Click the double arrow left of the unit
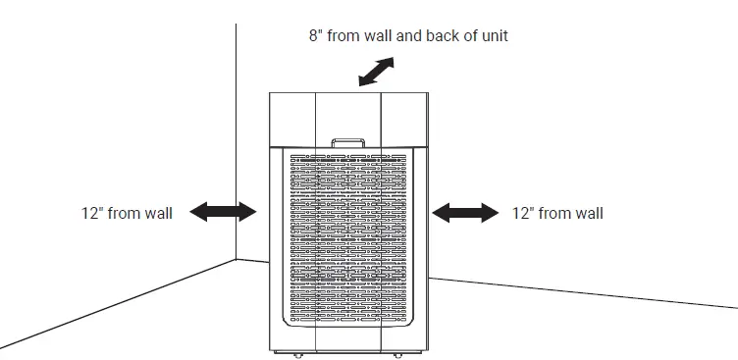[x=222, y=211]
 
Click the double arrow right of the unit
[x=465, y=212]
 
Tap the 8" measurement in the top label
[x=315, y=36]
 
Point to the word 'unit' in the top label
[x=492, y=36]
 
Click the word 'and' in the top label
[x=406, y=36]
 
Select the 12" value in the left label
[x=93, y=212]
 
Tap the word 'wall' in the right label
[x=587, y=212]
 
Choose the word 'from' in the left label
[x=123, y=212]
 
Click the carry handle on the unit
[x=348, y=143]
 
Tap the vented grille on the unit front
[x=348, y=235]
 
